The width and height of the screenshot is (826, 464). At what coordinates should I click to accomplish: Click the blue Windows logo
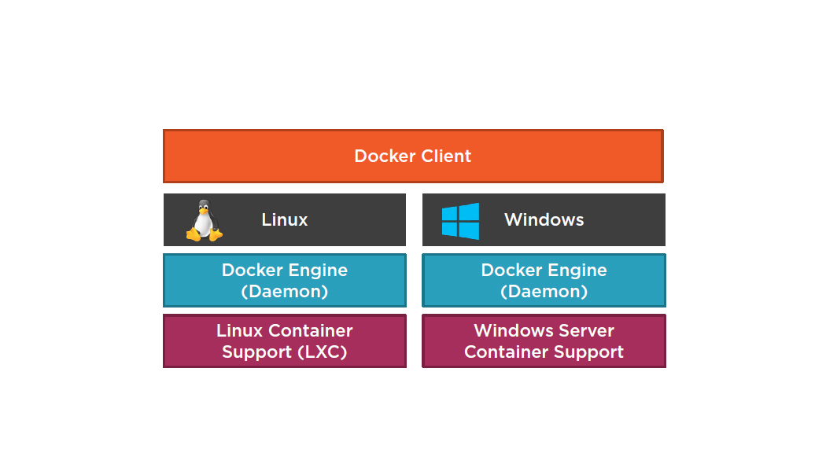460,220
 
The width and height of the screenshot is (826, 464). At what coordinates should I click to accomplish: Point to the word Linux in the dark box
284,219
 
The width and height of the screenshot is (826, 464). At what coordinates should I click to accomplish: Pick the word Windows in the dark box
544,219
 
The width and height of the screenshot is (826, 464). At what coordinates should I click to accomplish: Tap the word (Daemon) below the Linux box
284,291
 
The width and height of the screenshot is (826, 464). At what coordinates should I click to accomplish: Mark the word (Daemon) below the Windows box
544,291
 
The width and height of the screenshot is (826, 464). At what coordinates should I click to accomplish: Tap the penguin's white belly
204,226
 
